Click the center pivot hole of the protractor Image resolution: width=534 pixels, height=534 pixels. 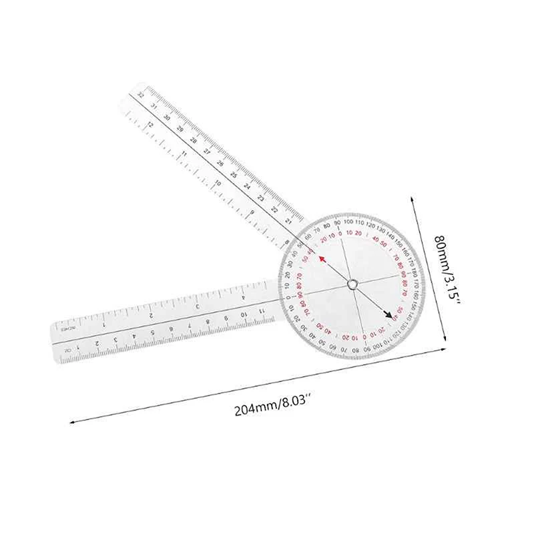click(351, 285)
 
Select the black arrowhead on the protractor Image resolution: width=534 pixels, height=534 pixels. click(388, 316)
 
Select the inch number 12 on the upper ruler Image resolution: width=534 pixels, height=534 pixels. click(151, 125)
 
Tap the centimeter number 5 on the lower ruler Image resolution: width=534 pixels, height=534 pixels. click(154, 331)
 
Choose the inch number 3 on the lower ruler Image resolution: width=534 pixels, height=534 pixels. click(197, 305)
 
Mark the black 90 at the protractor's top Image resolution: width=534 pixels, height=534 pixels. click(337, 222)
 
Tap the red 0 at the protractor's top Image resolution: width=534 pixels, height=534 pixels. click(340, 234)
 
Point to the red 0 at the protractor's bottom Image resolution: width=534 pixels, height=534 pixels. click(363, 336)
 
